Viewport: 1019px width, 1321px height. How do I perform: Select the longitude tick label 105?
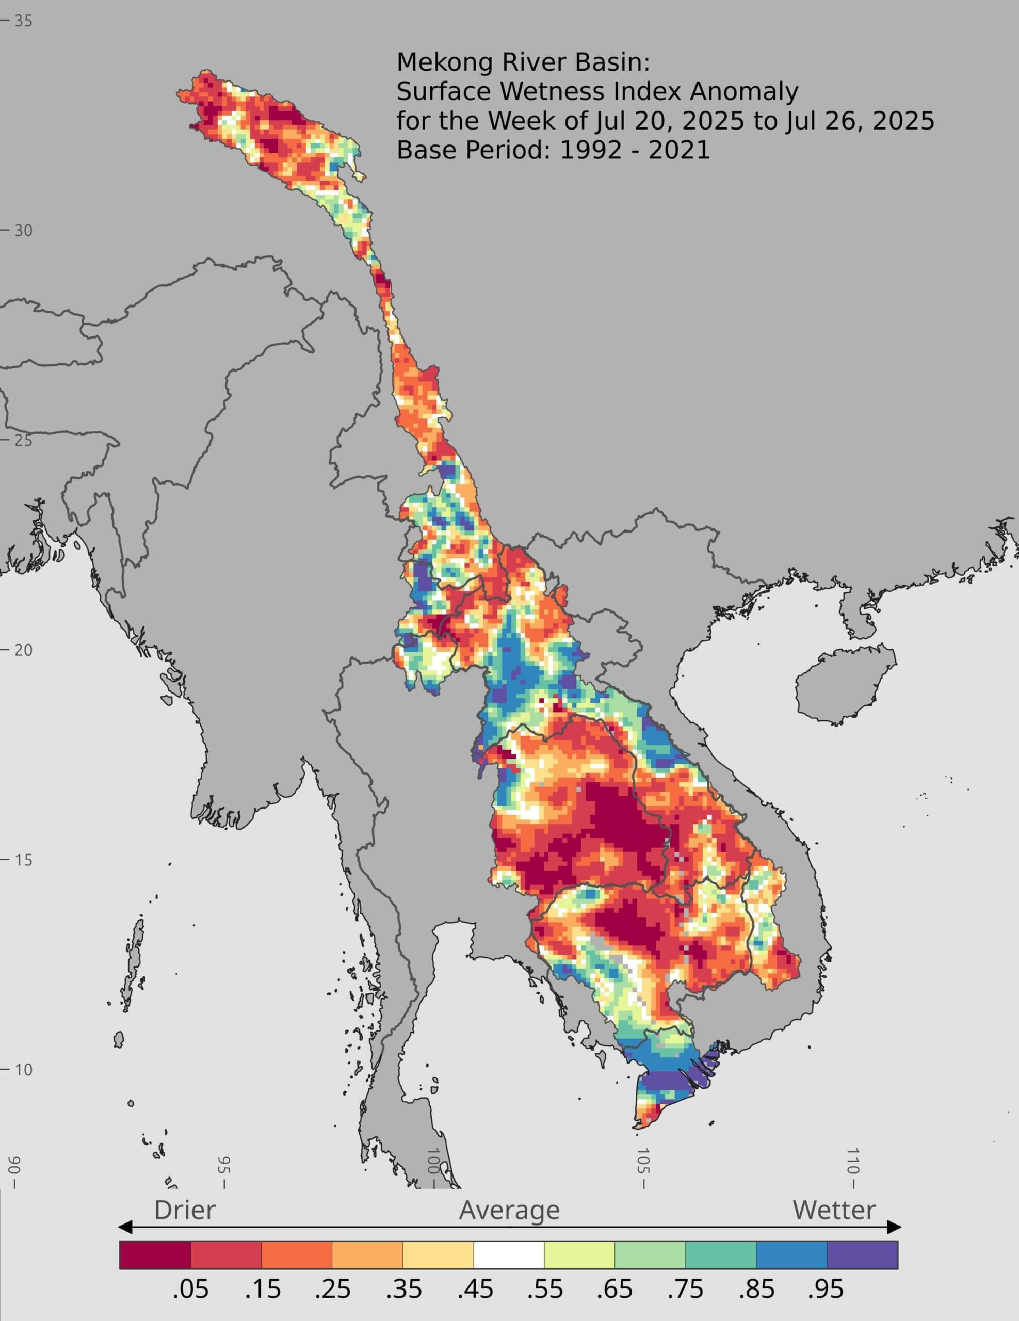[x=642, y=1169]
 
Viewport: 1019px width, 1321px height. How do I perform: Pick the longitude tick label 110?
[x=852, y=1169]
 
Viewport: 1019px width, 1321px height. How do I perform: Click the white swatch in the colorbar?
[x=509, y=1254]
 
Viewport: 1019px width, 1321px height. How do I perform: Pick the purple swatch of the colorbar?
[x=862, y=1254]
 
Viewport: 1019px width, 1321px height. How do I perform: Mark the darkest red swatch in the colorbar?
[x=155, y=1254]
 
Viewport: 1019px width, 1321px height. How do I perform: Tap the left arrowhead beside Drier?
[x=124, y=1227]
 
